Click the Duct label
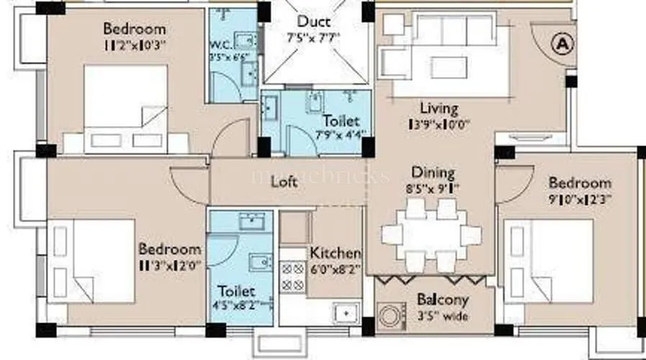[314, 21]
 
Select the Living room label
[439, 109]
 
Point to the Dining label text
[433, 173]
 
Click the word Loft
[284, 182]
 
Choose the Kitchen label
[335, 253]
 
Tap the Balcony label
[443, 300]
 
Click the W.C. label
[220, 42]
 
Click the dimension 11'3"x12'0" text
[169, 265]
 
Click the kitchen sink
[346, 313]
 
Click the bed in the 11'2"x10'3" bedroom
[126, 108]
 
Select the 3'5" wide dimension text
[442, 315]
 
